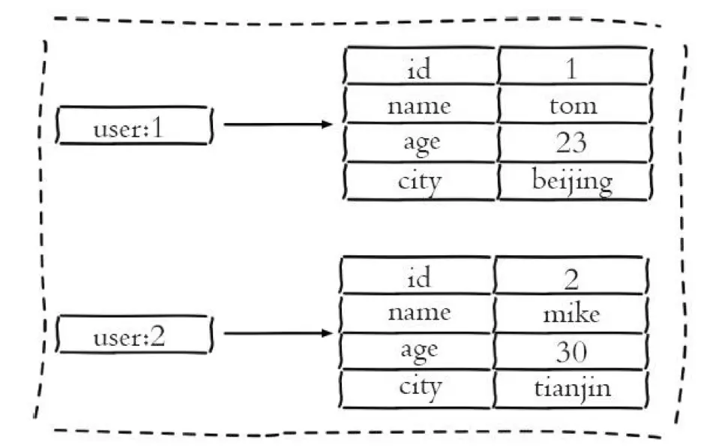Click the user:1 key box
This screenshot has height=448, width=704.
point(134,125)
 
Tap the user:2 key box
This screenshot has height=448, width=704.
point(134,335)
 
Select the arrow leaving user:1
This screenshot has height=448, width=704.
point(278,125)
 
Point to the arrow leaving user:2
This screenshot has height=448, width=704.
point(278,333)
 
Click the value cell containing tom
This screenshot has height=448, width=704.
point(574,105)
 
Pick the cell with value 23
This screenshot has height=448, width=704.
point(574,143)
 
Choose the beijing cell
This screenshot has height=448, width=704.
point(574,182)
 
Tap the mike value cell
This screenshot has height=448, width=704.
point(571,314)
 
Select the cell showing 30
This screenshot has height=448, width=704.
point(571,352)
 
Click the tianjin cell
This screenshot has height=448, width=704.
point(571,389)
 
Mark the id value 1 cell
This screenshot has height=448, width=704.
point(574,65)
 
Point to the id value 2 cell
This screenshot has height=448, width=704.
point(571,275)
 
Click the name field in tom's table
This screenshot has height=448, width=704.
point(420,105)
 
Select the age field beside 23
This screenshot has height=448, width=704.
point(420,143)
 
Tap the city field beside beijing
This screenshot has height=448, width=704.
point(420,182)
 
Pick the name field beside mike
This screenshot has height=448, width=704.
point(416,314)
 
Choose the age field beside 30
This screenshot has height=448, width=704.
point(416,352)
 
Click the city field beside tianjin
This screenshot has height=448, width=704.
point(416,389)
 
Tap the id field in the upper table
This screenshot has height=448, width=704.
point(420,65)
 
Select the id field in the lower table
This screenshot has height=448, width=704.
point(416,275)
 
